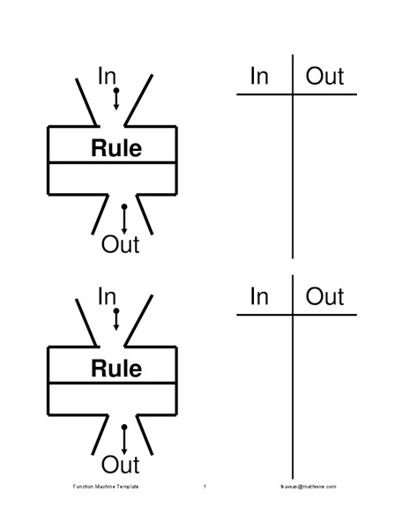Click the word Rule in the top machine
[115, 148]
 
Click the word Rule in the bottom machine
[115, 368]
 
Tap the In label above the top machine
[107, 77]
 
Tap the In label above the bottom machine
[107, 297]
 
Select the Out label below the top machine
[121, 244]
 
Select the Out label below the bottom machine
[121, 464]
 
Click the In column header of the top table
[259, 77]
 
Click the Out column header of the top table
[324, 77]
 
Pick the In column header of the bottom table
[259, 296]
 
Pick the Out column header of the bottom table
[324, 296]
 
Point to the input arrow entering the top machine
[116, 99]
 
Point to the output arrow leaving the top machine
[123, 218]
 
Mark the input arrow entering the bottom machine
[116, 319]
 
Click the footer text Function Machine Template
[106, 487]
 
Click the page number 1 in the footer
[204, 487]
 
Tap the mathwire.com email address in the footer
[302, 487]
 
